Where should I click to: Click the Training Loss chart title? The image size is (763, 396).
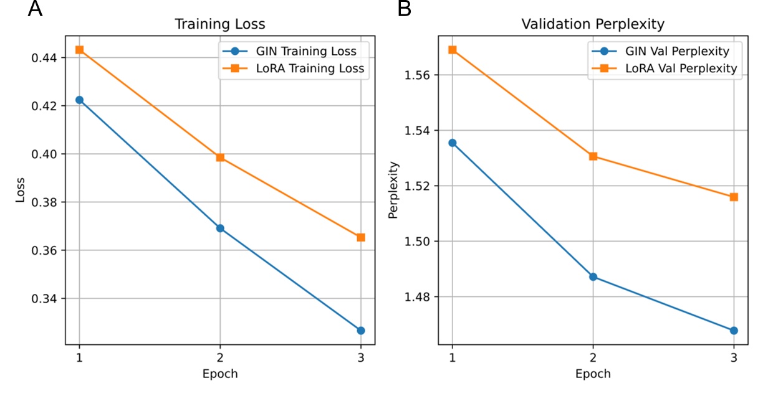(219, 24)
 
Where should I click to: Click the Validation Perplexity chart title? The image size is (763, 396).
(593, 24)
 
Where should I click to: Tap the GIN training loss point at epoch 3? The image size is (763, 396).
(360, 330)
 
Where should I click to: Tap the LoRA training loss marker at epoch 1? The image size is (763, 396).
(79, 50)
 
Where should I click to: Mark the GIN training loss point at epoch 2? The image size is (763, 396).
(220, 229)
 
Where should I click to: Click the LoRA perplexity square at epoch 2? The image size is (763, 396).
(593, 156)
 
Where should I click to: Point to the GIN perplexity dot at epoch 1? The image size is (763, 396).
(453, 143)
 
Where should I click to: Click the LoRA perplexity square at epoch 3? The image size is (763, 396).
(734, 197)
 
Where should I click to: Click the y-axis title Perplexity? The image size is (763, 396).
(393, 190)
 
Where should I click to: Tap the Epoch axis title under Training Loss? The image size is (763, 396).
(220, 374)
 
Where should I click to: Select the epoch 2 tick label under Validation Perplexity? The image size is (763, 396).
(593, 359)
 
